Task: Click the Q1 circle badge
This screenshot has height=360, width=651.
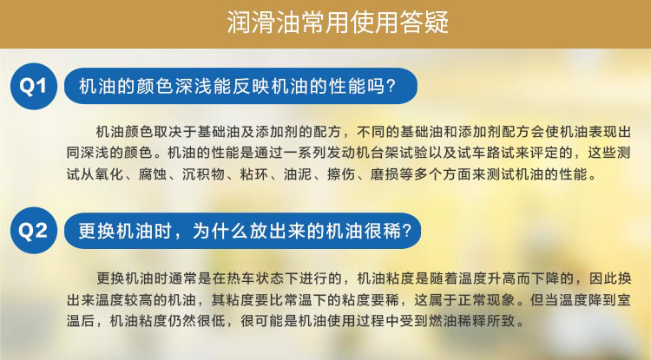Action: [x=34, y=86]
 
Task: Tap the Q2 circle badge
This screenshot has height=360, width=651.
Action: [x=34, y=231]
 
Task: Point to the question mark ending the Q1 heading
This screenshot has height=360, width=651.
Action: [x=391, y=86]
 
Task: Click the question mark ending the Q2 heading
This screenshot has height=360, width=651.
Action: [x=406, y=231]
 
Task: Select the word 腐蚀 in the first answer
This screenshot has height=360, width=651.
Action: [x=153, y=174]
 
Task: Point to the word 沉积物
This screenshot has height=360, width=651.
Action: [x=203, y=174]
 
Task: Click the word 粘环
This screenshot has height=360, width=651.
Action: [x=254, y=174]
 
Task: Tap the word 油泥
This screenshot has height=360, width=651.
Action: [x=298, y=174]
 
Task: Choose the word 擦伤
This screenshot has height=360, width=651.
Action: [x=341, y=174]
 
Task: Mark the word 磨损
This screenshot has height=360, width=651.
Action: [x=385, y=174]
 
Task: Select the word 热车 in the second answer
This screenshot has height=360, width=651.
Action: [x=240, y=278]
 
